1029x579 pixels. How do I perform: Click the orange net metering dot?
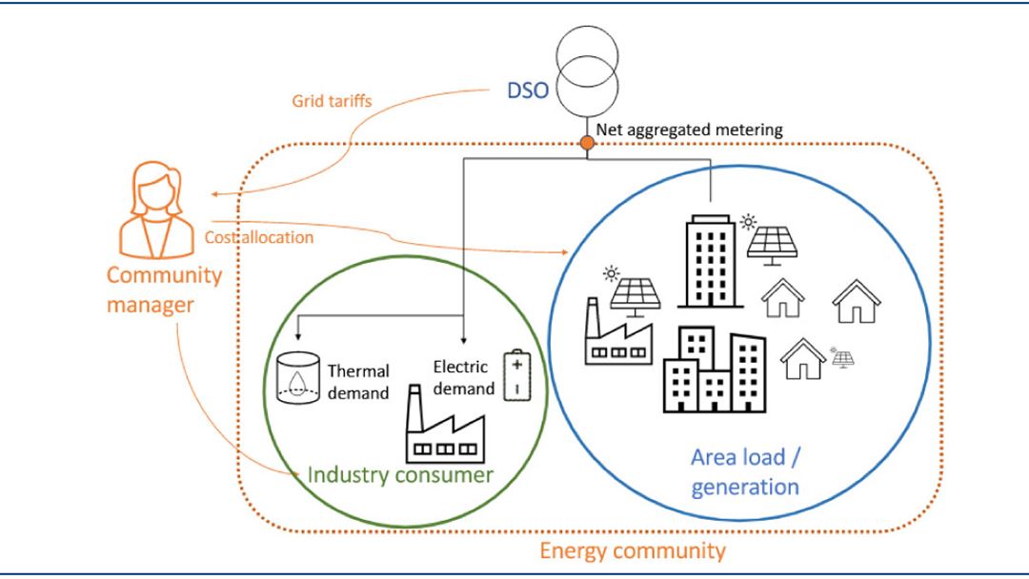587,143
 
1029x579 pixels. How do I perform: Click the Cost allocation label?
258,237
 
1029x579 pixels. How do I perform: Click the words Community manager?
164,290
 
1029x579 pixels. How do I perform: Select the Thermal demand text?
358,381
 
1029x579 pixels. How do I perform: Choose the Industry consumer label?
400,474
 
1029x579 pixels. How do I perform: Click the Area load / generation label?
745,471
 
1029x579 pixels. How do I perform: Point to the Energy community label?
633,550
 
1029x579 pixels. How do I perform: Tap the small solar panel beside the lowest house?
842,358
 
